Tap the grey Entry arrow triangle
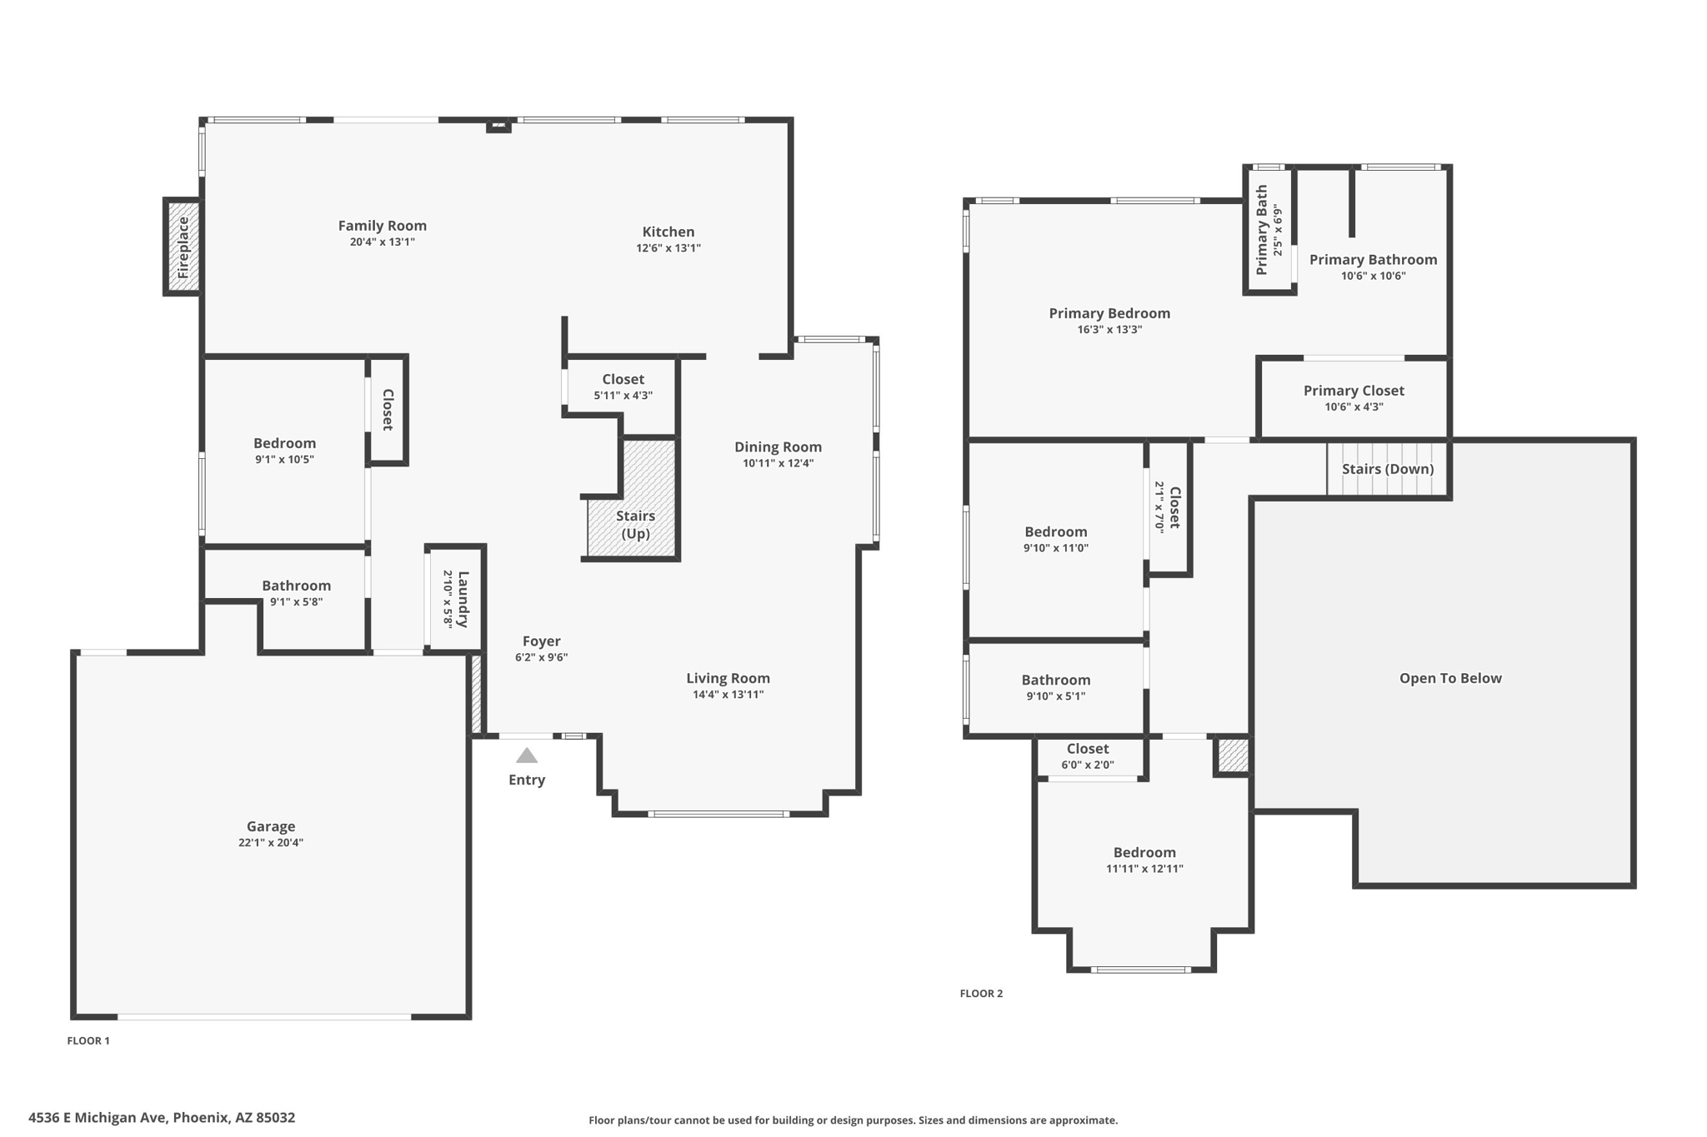point(526,756)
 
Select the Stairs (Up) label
point(635,525)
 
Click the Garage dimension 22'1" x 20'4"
point(270,842)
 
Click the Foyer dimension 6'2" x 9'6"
point(541,657)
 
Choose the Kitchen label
point(668,232)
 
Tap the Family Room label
point(382,225)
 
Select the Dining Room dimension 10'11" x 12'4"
point(778,463)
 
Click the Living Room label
point(728,678)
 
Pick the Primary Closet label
point(1353,391)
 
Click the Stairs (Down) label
point(1387,469)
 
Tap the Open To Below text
point(1449,678)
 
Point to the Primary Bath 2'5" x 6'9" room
point(1269,231)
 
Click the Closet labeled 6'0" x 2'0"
point(1087,756)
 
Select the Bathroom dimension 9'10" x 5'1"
point(1055,696)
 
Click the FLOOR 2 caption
point(981,993)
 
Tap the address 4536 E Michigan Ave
point(162,1118)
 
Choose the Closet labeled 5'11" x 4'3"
point(623,386)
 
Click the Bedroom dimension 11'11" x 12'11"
point(1144,869)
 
